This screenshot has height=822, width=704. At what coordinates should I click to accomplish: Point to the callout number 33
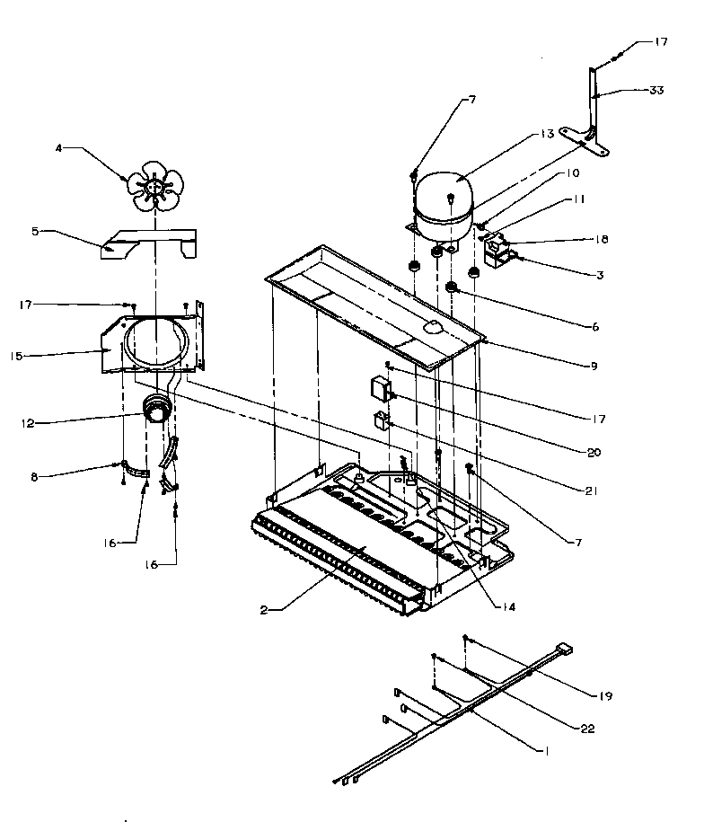coord(657,90)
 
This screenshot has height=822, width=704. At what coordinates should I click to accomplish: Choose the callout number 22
coord(588,729)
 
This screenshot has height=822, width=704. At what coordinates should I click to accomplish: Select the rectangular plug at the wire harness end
coord(564,646)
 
